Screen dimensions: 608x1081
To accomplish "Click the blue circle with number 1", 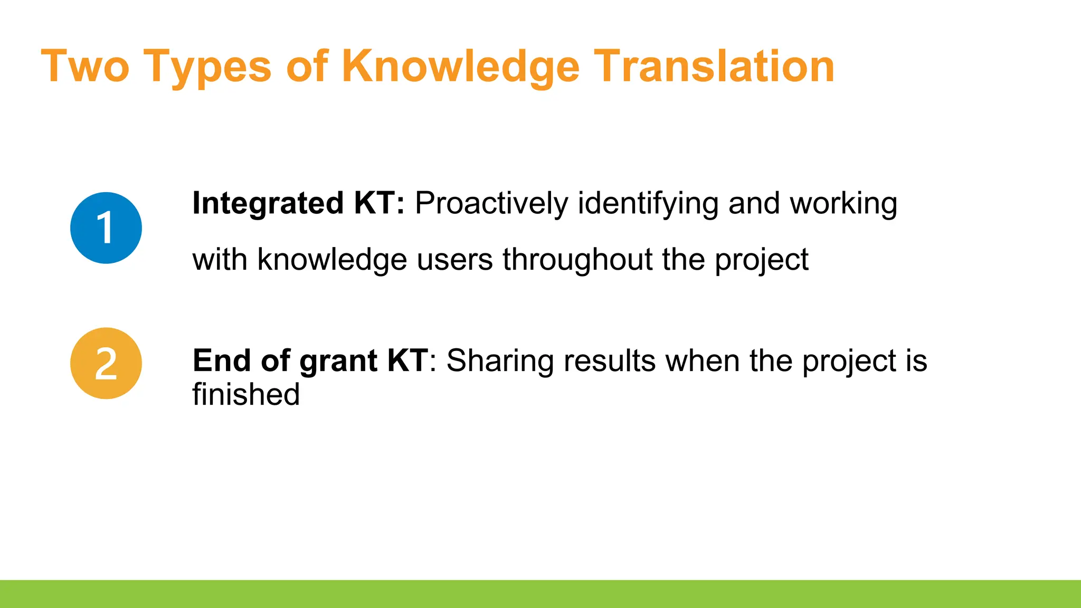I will (x=106, y=228).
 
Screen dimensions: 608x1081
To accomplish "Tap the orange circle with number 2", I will (x=106, y=363).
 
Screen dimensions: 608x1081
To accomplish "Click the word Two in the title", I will (x=85, y=66).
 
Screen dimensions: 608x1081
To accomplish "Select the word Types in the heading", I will (x=207, y=68).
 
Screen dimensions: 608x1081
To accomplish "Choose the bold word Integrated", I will (x=268, y=204).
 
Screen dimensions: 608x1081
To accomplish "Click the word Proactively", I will (x=491, y=204).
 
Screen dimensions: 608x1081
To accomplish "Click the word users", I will (x=454, y=261).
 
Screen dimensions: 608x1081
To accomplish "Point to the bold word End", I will (x=222, y=361).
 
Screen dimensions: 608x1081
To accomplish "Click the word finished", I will (x=246, y=395).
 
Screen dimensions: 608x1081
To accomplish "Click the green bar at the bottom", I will (x=540, y=594).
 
